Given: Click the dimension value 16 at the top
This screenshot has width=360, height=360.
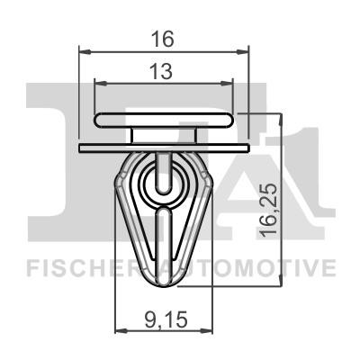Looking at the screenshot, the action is [x=163, y=40].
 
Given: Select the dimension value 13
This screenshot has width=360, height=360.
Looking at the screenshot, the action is [x=162, y=72].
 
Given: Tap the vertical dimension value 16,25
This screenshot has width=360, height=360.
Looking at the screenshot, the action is [x=268, y=210].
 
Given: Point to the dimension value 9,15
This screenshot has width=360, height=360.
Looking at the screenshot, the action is [x=166, y=319].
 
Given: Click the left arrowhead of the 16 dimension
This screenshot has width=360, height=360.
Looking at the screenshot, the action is [x=85, y=52].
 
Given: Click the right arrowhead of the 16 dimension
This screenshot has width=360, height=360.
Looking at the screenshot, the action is [x=243, y=52].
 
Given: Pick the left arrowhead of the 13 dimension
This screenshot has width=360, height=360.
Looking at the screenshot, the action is [x=101, y=84].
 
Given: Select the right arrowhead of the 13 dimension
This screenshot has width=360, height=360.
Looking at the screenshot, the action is [x=227, y=84].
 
